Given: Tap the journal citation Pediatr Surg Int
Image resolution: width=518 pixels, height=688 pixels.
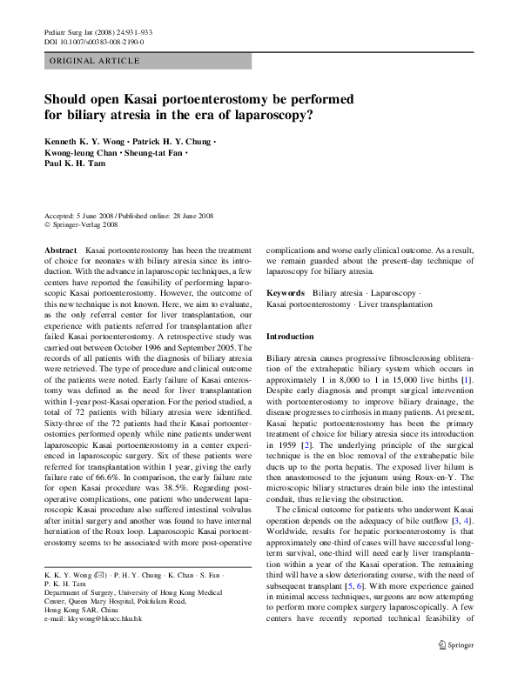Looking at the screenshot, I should click(70, 31).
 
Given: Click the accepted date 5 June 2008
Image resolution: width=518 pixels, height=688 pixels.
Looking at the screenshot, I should click(97, 216).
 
